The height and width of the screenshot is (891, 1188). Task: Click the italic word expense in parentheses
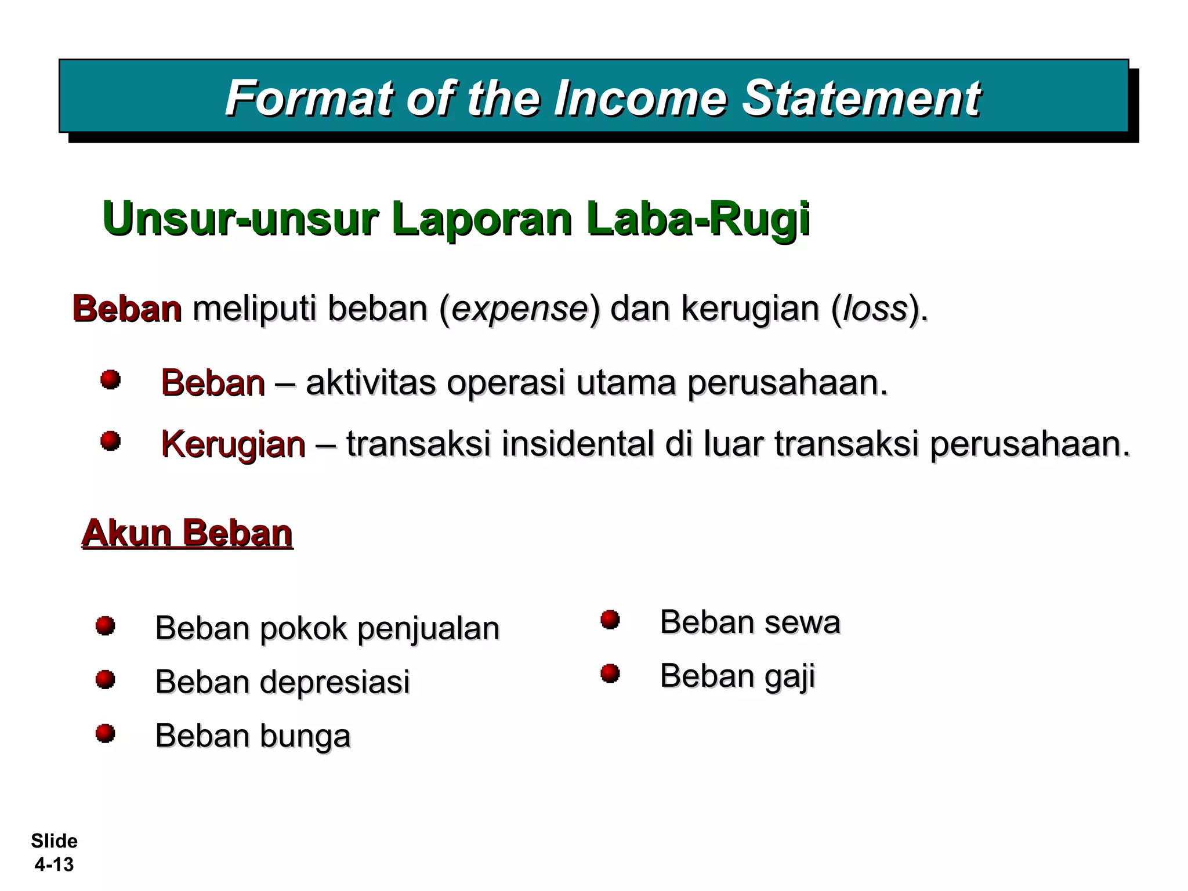point(519,309)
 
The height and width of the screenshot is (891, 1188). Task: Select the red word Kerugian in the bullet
point(233,444)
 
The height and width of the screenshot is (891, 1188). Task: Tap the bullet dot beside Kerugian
point(110,441)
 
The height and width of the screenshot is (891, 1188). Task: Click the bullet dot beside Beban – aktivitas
point(110,380)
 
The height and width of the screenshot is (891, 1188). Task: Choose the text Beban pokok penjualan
point(327,628)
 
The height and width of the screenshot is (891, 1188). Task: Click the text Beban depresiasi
point(282,682)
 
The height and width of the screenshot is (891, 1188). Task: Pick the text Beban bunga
point(253,736)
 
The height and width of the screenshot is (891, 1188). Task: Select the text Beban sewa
point(749,622)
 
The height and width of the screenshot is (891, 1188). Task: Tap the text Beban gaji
point(737,676)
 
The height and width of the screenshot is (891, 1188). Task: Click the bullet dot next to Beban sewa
point(610,620)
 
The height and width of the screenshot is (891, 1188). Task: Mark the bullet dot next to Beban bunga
point(105,733)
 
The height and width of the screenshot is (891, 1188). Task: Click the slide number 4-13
point(54,864)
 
